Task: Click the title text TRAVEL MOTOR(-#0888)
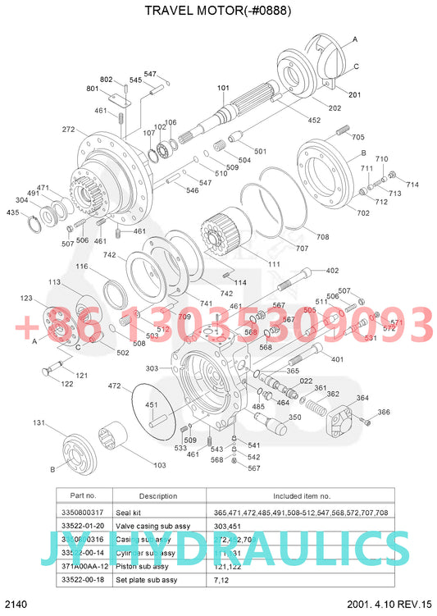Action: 217,11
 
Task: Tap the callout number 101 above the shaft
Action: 223,88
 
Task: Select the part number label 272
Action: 68,130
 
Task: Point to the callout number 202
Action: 335,108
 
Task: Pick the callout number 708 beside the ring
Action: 322,237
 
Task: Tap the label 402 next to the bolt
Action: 332,271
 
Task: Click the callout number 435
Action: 13,212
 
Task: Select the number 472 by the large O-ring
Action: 114,385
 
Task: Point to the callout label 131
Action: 39,422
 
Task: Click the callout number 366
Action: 384,412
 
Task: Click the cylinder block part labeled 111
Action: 225,230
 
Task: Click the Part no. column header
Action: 84,495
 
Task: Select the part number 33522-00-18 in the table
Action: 84,579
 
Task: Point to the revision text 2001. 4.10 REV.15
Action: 389,604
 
